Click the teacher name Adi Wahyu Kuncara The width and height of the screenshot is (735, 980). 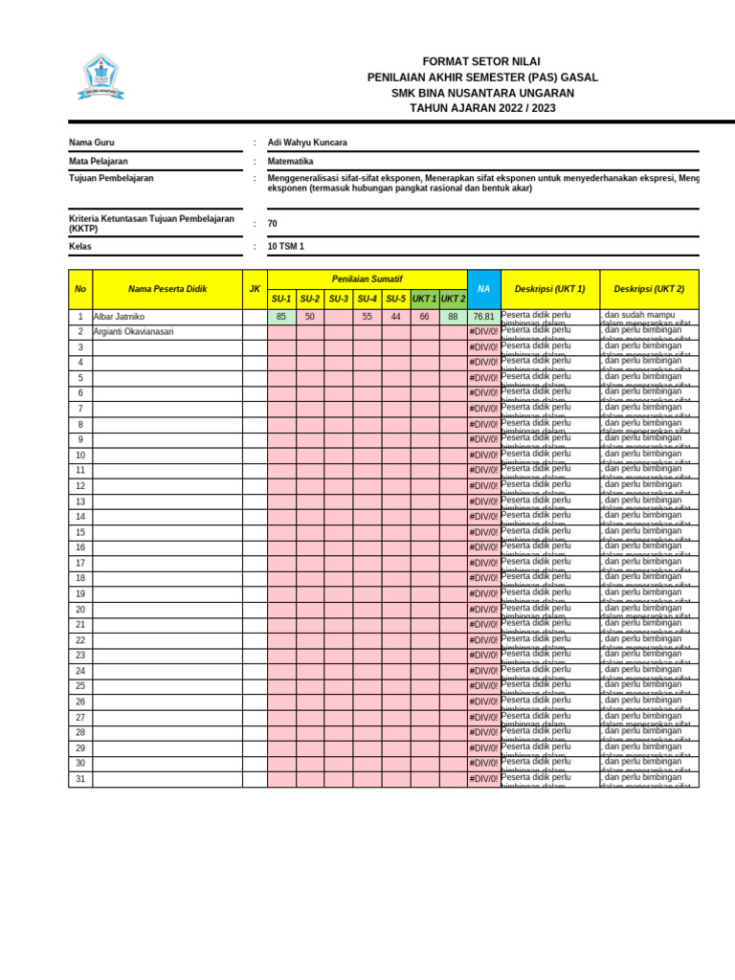point(307,143)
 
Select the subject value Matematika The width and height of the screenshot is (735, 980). point(291,162)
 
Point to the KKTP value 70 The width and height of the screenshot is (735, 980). point(273,224)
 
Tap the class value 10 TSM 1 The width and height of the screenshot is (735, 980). point(286,247)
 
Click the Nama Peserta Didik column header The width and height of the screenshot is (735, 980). point(167,289)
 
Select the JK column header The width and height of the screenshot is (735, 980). point(255,289)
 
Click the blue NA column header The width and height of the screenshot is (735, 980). point(483,289)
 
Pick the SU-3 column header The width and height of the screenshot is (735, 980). point(339,300)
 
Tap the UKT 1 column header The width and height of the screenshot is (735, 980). point(425,300)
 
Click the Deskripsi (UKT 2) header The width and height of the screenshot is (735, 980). point(649,289)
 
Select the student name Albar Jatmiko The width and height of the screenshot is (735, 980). point(120,317)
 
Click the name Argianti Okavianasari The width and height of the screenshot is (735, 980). point(134,332)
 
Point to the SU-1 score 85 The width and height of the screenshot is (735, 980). point(281,317)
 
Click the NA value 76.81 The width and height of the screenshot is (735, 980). point(483,317)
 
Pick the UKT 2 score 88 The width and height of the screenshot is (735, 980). point(453,317)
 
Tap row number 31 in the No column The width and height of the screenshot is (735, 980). point(80,779)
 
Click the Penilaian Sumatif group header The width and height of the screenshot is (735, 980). point(367,279)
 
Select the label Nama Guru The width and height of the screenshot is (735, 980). point(92,143)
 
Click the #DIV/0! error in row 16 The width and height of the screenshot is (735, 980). point(483,547)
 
